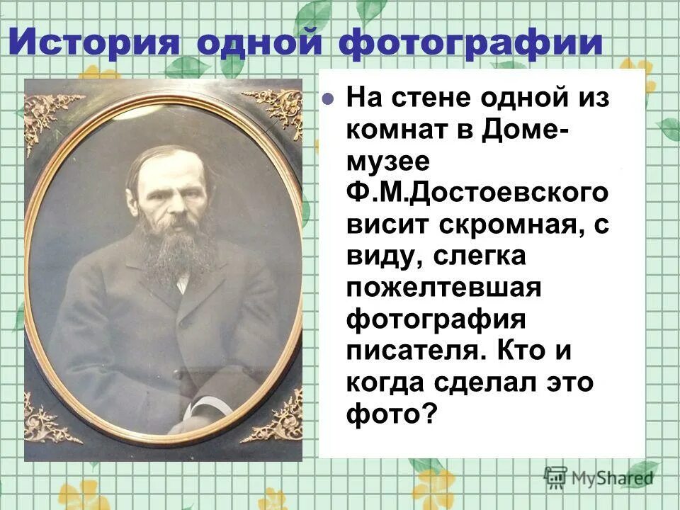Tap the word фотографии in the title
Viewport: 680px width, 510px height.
point(469,42)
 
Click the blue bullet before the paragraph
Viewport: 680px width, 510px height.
point(328,99)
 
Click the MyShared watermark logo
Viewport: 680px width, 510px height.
point(599,478)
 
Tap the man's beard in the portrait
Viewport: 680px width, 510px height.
point(174,248)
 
